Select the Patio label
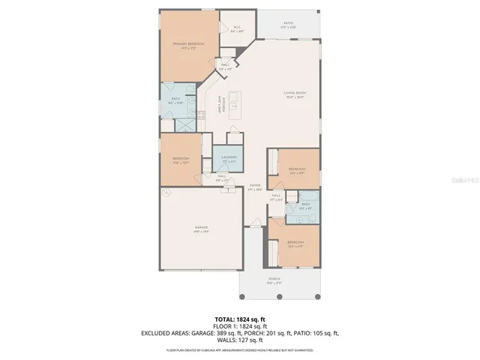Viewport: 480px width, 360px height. tap(288, 25)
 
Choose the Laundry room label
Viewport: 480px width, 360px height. tap(229, 158)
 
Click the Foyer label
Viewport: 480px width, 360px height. tap(255, 187)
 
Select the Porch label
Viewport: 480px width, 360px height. tap(281, 280)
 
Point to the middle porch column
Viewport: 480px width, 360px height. tap(279, 295)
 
